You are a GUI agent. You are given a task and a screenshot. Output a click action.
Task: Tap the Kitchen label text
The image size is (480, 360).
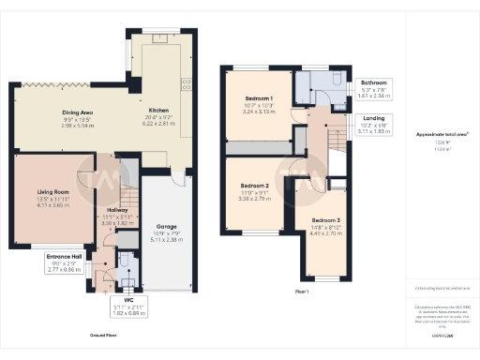(x=158, y=110)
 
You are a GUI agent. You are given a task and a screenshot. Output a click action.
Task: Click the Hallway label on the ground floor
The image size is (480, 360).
(x=117, y=211)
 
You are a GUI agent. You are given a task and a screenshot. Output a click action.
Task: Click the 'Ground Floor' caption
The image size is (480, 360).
(x=104, y=333)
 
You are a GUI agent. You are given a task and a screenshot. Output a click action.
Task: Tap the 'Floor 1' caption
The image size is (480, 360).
(x=302, y=292)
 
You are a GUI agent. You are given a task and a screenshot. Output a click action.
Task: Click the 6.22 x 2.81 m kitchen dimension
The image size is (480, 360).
(x=158, y=123)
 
